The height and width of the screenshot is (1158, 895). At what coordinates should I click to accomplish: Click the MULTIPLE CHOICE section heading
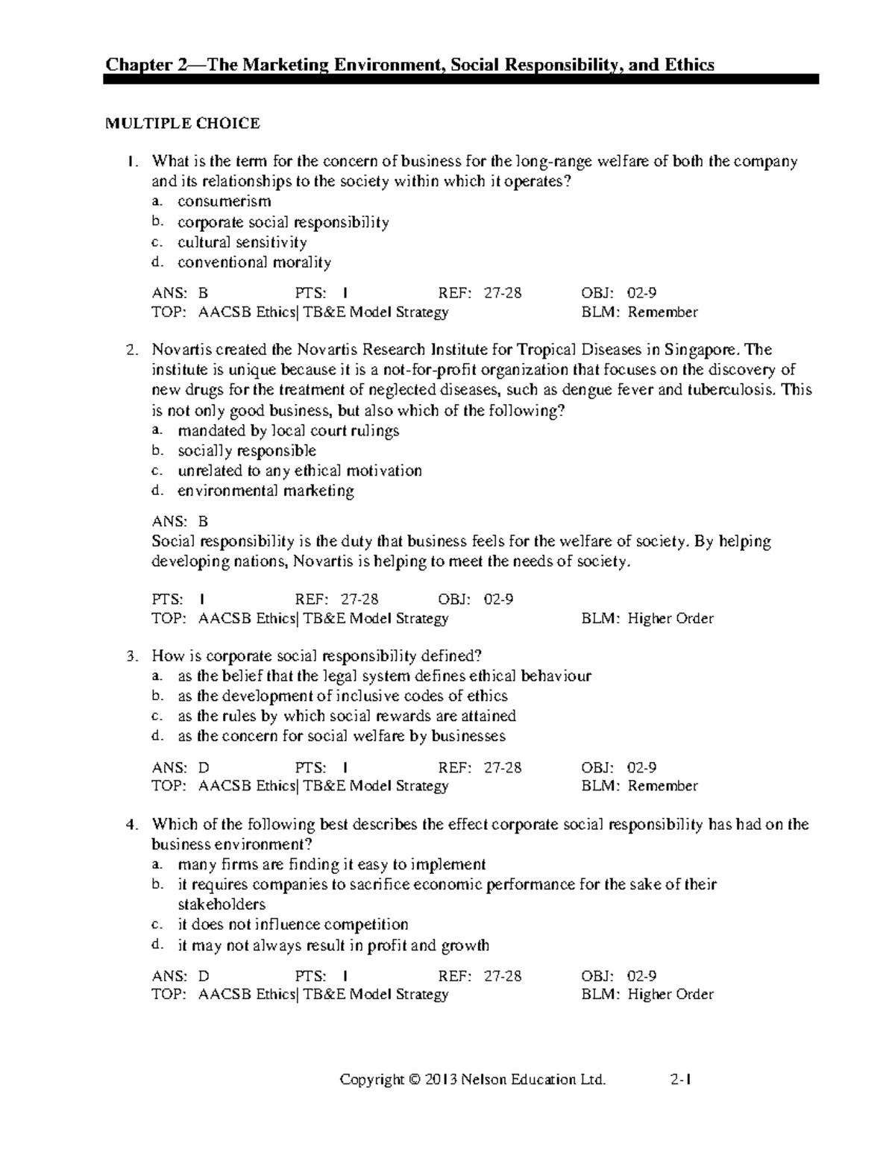coord(183,124)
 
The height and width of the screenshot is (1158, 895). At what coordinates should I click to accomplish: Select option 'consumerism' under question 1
coord(224,201)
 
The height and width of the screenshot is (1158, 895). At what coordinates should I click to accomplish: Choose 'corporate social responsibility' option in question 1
coord(283,222)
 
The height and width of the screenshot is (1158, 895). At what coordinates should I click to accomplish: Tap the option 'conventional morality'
coord(254,262)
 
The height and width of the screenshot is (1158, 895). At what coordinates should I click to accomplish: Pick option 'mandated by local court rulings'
coord(288,431)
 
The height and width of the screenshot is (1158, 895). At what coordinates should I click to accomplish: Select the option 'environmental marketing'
coord(266,491)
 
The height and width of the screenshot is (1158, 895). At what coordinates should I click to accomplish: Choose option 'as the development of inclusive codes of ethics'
coord(342,696)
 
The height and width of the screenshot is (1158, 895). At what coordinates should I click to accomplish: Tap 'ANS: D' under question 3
coord(180,767)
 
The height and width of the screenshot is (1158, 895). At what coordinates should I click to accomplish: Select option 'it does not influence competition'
coord(292,925)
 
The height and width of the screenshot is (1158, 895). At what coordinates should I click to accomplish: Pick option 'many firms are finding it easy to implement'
coord(331,865)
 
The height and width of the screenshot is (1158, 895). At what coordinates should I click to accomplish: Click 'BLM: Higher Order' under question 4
coord(647,995)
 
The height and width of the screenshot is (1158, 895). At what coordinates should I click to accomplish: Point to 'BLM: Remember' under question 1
coord(639,312)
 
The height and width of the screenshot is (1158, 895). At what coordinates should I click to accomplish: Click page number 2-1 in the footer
coord(681,1079)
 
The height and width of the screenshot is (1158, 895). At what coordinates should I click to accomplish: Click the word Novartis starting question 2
coord(179,350)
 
